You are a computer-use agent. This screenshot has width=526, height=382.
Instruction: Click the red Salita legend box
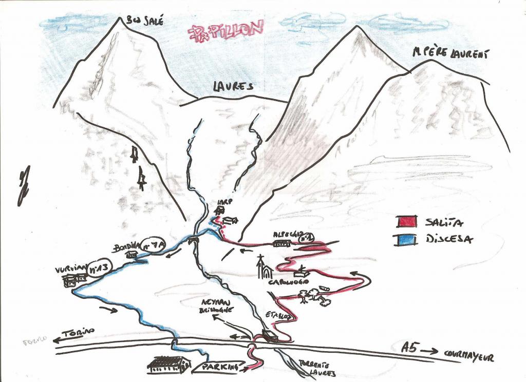pos(406,221)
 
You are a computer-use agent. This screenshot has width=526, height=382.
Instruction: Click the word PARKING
pos(221,367)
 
